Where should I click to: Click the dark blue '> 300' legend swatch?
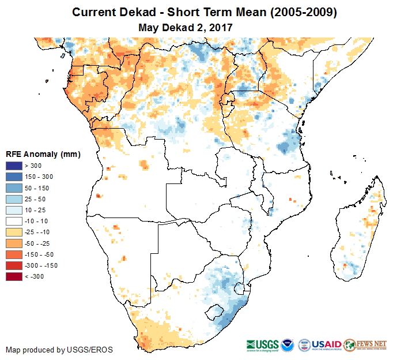(x=14, y=166)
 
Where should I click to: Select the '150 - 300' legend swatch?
(x=14, y=177)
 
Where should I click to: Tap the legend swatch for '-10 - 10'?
(x=14, y=221)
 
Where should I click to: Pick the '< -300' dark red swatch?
(x=14, y=276)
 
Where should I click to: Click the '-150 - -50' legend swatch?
(x=14, y=254)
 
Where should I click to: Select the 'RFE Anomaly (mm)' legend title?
(x=43, y=154)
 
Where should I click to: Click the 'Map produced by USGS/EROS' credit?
(x=59, y=350)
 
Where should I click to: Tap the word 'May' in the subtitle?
(x=149, y=27)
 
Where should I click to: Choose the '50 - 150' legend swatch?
(x=14, y=187)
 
